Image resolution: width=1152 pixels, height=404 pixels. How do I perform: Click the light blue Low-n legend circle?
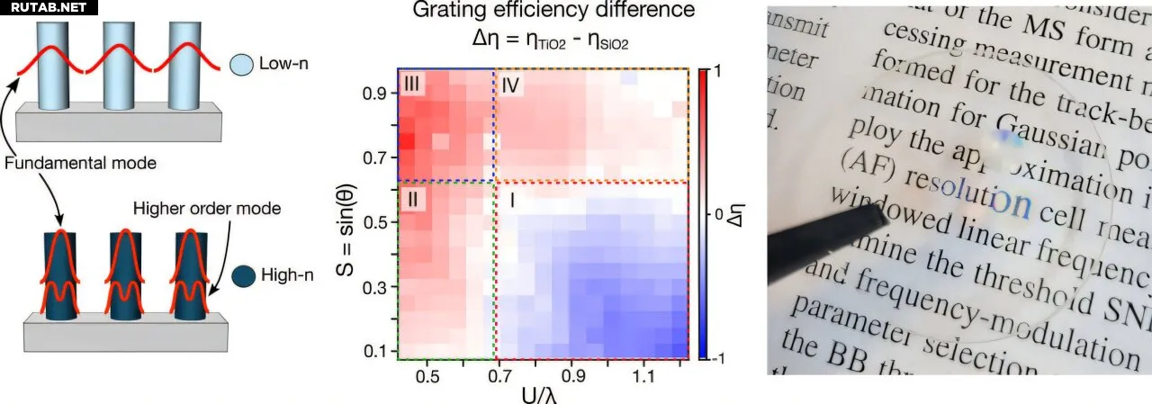240,65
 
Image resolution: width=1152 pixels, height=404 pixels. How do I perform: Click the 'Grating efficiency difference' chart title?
553,12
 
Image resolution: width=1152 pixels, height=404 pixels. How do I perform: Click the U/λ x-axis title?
543,392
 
